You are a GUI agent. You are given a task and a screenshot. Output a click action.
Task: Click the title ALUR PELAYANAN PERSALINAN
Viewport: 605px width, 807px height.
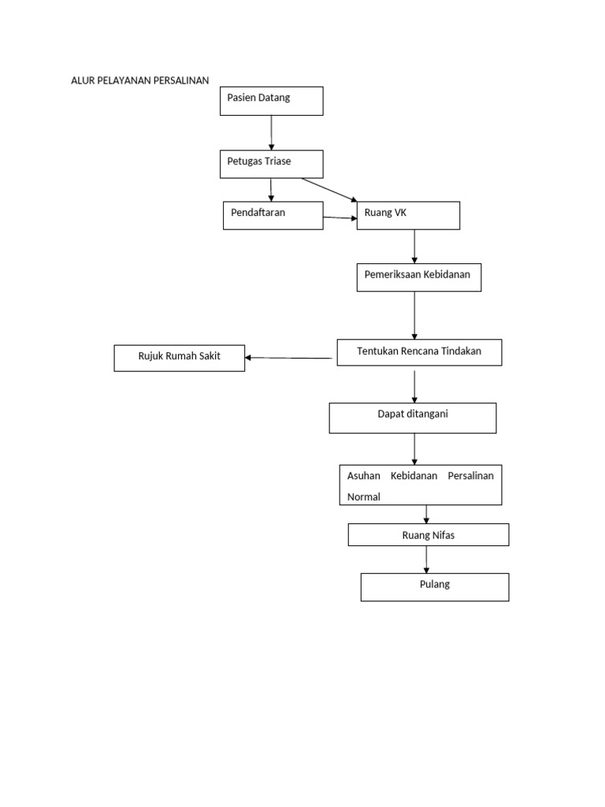tap(140, 80)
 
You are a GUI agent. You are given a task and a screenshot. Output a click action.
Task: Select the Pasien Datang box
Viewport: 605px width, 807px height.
tap(271, 101)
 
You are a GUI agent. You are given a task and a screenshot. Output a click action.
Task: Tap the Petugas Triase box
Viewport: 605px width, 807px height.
tap(271, 164)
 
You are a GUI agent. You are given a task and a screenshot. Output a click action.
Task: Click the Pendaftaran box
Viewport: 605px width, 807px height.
tap(273, 215)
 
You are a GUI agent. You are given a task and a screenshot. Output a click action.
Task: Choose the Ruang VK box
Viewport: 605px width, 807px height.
tap(408, 215)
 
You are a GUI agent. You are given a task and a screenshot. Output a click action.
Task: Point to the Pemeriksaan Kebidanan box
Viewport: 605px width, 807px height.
tap(418, 277)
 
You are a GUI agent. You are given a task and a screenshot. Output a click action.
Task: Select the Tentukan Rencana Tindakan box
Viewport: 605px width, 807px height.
tap(419, 352)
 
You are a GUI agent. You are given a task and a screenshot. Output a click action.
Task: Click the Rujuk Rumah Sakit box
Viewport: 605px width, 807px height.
tap(179, 358)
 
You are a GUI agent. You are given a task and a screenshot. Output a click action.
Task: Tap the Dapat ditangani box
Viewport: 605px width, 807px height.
tap(412, 418)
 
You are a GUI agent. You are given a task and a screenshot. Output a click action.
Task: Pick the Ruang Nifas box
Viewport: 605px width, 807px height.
tap(428, 535)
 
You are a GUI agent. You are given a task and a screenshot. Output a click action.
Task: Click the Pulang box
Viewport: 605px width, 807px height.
tap(434, 587)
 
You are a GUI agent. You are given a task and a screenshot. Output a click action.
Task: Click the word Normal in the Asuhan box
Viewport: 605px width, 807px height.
tap(364, 497)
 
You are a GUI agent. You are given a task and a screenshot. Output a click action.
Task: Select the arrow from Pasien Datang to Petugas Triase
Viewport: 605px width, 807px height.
tap(272, 132)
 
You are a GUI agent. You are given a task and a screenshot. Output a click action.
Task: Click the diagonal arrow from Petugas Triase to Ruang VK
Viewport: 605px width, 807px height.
tap(328, 190)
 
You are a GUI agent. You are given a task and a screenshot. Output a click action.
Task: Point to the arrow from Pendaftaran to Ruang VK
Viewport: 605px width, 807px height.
tap(340, 218)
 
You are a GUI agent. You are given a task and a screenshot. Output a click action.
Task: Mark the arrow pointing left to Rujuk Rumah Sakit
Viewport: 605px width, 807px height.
tap(288, 358)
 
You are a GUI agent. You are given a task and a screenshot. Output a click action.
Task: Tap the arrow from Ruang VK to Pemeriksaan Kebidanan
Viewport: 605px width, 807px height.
tap(414, 247)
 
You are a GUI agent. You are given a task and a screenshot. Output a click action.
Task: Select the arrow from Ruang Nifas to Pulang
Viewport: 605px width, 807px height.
tap(427, 559)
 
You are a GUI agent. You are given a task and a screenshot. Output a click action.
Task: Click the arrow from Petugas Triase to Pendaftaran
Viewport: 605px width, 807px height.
tap(271, 189)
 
